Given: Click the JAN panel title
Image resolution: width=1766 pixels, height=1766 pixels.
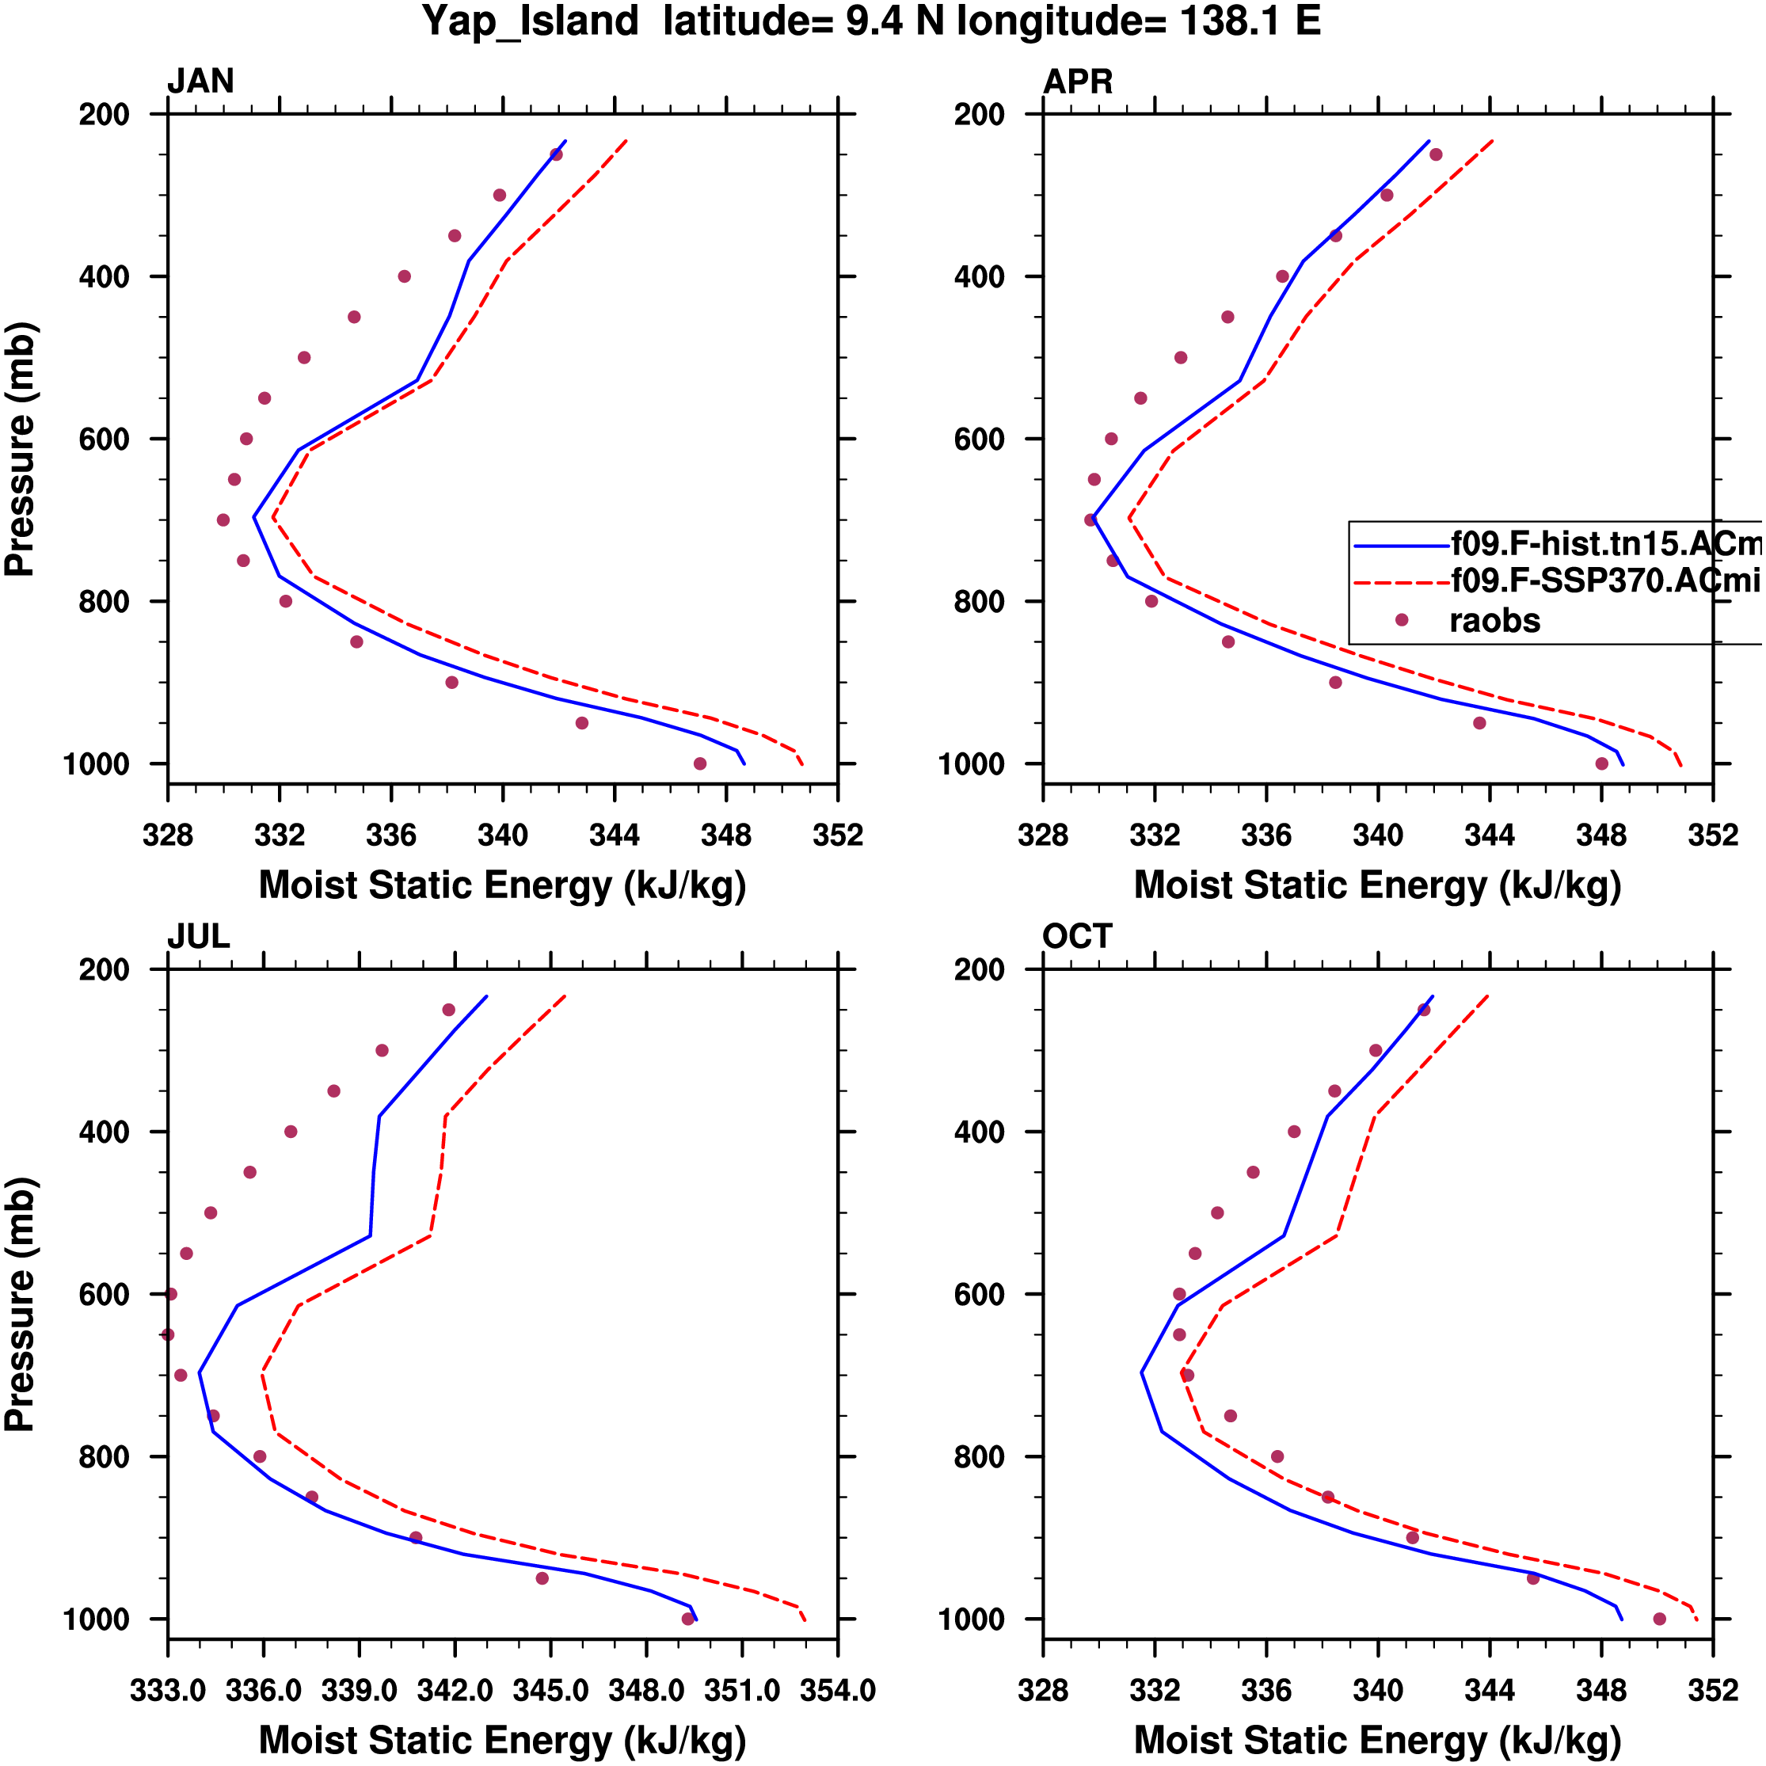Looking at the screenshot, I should [x=200, y=82].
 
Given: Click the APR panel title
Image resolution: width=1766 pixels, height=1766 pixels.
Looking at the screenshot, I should [x=1078, y=82].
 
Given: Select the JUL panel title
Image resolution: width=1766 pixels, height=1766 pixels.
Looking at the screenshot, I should [x=198, y=937].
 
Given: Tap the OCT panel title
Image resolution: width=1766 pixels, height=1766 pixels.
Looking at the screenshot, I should [x=1077, y=937].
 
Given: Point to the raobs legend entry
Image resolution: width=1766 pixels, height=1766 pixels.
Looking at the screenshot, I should [x=1494, y=622].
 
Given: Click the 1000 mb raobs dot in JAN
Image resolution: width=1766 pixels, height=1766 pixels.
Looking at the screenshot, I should [x=700, y=764].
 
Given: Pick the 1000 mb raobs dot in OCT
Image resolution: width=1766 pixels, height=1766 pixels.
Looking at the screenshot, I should [x=1660, y=1619].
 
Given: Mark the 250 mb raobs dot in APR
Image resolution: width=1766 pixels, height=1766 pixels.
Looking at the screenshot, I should [x=1436, y=154].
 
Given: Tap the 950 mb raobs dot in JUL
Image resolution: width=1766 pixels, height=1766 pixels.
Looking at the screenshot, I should [x=542, y=1578].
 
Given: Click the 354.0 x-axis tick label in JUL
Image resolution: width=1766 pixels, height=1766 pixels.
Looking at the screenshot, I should [x=837, y=1691].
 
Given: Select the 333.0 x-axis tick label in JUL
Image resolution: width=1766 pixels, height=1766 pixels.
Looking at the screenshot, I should [x=168, y=1691].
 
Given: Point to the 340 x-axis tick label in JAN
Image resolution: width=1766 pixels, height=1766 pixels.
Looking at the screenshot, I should [x=503, y=835].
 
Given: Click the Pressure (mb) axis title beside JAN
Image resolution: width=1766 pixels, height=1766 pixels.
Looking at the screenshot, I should [x=20, y=449].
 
